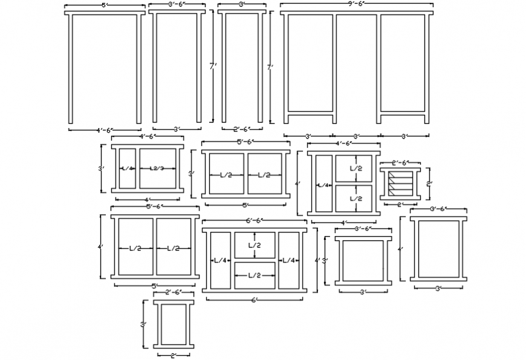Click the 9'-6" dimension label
(356, 4)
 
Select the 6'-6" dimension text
(254, 221)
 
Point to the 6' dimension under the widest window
(254, 300)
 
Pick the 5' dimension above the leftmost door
(104, 5)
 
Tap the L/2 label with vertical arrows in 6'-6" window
(255, 246)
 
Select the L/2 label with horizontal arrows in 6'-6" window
(255, 275)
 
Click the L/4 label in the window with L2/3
(126, 168)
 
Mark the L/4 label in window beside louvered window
(323, 185)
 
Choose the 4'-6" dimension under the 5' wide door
(103, 129)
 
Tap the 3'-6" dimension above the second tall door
(177, 4)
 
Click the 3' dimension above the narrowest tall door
(241, 4)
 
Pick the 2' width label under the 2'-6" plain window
(174, 355)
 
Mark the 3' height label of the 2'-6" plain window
(143, 324)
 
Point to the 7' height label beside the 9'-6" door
(272, 69)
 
